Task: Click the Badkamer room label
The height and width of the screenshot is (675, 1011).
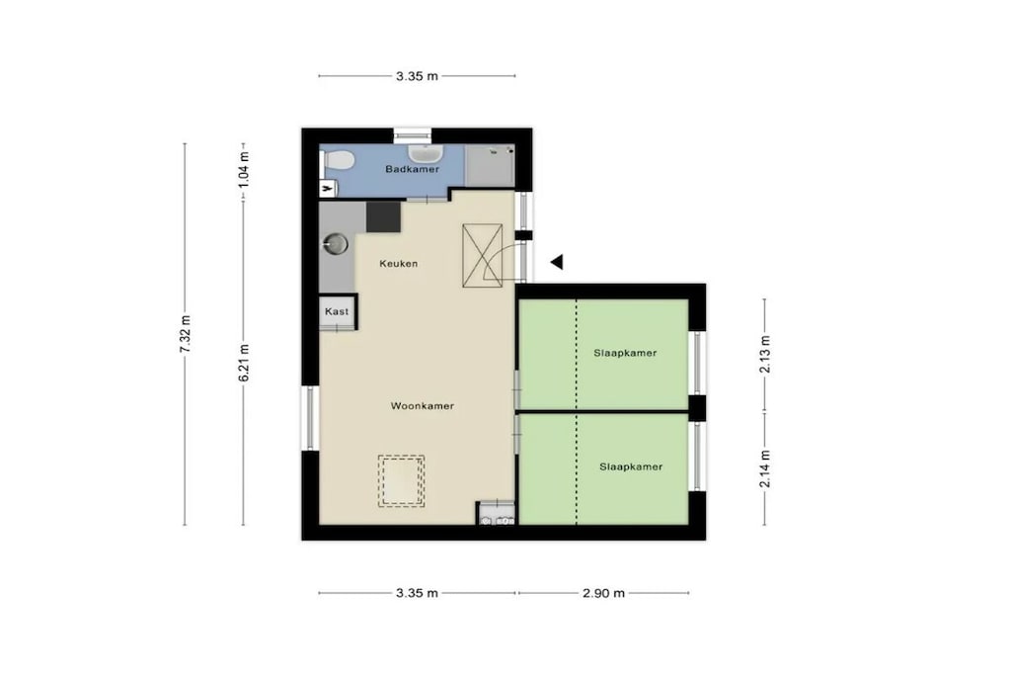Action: point(412,169)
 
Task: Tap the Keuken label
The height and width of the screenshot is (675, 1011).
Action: point(399,263)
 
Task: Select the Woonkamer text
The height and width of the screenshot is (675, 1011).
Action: point(423,406)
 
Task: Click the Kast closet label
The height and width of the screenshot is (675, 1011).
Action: point(337,311)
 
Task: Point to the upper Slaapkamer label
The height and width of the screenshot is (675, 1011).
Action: point(625,353)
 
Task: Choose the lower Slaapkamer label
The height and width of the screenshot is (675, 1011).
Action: point(631,466)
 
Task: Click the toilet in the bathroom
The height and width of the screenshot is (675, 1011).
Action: point(336,159)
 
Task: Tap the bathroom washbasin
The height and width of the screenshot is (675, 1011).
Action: point(425,152)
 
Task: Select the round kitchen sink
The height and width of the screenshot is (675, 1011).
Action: point(336,244)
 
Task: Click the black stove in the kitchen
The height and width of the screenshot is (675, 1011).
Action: point(384,216)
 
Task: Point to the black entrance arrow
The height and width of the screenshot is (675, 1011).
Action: point(557,262)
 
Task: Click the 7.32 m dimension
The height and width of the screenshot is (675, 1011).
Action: point(185,334)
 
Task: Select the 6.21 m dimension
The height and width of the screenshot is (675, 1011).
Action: point(244,363)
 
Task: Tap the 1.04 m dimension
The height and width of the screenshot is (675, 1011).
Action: point(244,170)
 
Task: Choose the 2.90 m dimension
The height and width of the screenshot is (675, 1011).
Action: point(603,593)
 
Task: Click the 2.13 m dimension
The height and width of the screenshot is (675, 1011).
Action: point(765,354)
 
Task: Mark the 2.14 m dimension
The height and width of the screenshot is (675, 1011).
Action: point(765,469)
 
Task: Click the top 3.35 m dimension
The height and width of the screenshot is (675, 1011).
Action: point(417,76)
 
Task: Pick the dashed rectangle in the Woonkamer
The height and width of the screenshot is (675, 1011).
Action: point(401,480)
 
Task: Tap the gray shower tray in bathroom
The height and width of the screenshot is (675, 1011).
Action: point(490,165)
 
